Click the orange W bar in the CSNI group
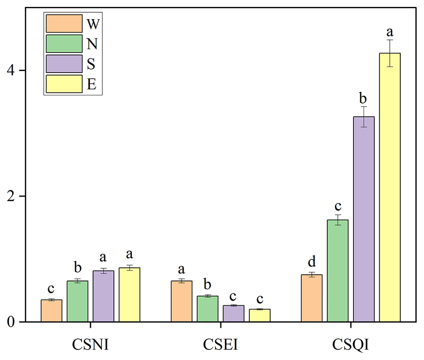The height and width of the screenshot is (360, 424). coord(51,311)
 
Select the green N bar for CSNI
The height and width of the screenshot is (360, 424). coord(78,301)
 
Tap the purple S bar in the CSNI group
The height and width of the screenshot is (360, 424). coord(103,296)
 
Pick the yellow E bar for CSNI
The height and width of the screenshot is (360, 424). coord(129,295)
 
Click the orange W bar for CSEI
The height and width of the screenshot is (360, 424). coord(181,301)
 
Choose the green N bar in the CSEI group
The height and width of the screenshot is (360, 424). coord(208,309)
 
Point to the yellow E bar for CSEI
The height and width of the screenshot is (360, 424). coord(259,315)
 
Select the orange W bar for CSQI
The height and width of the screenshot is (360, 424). coord(312,298)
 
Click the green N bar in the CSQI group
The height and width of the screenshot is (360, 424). coord(337,271)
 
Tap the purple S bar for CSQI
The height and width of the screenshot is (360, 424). coord(364,219)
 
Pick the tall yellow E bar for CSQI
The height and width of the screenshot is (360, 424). coord(390,187)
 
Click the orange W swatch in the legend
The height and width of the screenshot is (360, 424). coord(64,23)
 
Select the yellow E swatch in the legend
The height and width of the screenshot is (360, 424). coord(64,84)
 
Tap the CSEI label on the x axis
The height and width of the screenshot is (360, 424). coord(220,345)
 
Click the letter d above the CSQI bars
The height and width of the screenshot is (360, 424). coord(312,261)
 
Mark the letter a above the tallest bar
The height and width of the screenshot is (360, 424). coord(390,32)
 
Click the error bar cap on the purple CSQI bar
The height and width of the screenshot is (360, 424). coord(364,107)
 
